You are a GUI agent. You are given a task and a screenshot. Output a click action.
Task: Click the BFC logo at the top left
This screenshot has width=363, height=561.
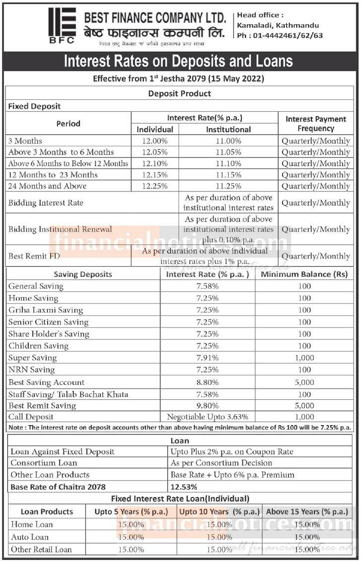pyautogui.click(x=62, y=25)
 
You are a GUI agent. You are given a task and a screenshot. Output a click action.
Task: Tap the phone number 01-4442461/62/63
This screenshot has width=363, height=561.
pyautogui.click(x=280, y=35)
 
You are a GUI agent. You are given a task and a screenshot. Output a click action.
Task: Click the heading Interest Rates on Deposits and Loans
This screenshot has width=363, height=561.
pyautogui.click(x=179, y=62)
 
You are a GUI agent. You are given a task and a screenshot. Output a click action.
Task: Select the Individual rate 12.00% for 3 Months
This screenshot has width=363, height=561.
pyautogui.click(x=155, y=141)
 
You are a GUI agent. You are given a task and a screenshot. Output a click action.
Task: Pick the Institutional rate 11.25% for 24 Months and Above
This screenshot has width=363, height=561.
pyautogui.click(x=228, y=186)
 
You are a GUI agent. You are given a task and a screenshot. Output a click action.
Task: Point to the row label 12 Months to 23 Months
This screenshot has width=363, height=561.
pyautogui.click(x=53, y=175)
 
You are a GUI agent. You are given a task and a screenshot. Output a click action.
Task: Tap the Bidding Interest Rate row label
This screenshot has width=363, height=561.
pyautogui.click(x=46, y=202)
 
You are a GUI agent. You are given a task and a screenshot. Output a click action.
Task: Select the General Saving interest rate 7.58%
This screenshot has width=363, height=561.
pyautogui.click(x=207, y=286)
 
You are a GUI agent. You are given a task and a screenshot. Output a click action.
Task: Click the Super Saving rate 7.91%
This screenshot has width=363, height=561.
pyautogui.click(x=207, y=358)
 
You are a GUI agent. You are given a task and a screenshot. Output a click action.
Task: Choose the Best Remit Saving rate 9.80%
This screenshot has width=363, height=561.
pyautogui.click(x=207, y=405)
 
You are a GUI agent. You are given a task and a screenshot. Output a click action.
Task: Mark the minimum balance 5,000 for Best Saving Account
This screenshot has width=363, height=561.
pyautogui.click(x=304, y=382)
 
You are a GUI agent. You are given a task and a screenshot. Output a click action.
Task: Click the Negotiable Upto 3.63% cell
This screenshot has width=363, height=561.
pyautogui.click(x=207, y=417)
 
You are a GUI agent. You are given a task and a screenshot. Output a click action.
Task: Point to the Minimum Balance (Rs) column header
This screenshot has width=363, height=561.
pyautogui.click(x=304, y=274)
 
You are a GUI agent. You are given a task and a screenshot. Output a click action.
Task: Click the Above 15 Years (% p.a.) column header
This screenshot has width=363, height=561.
pyautogui.click(x=307, y=511)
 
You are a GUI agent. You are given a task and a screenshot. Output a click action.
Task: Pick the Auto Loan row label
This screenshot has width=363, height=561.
pyautogui.click(x=30, y=537)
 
